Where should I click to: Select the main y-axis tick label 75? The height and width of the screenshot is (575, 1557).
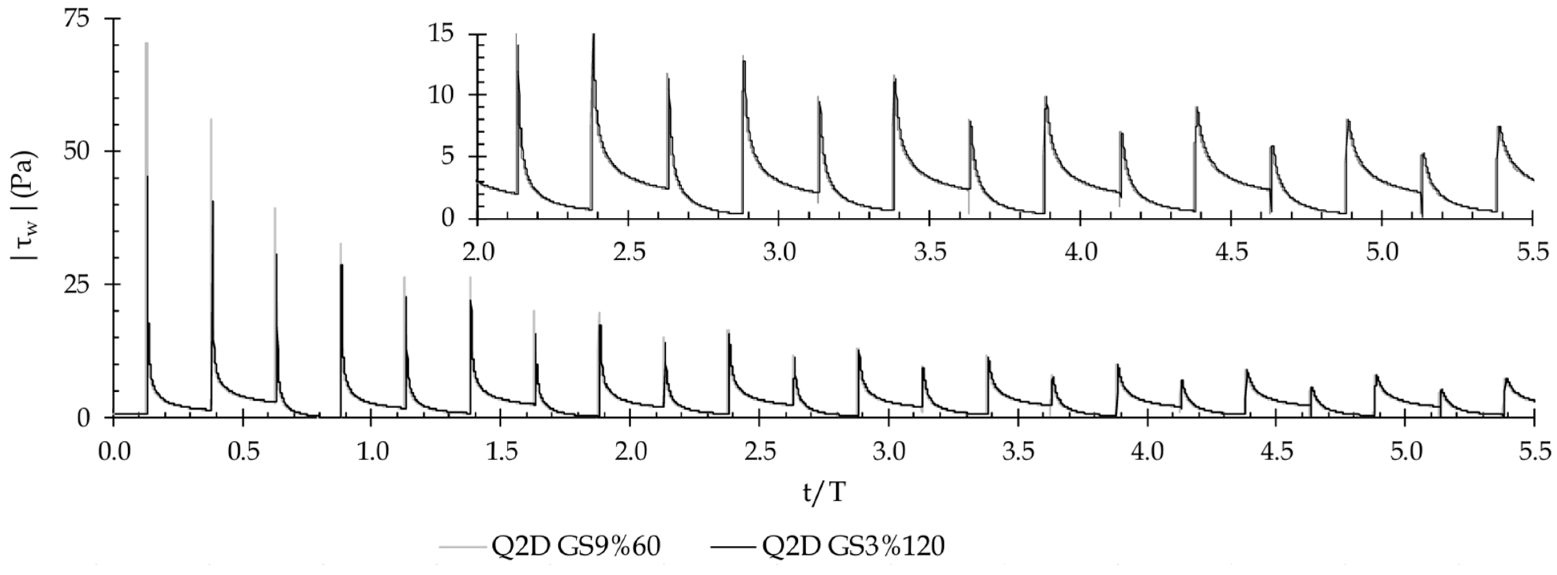pyautogui.click(x=76, y=19)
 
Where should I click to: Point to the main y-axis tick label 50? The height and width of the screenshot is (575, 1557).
pyautogui.click(x=76, y=151)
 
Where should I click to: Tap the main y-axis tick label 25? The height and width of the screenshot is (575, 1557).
pyautogui.click(x=76, y=284)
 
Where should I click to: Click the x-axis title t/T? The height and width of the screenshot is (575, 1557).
pyautogui.click(x=825, y=493)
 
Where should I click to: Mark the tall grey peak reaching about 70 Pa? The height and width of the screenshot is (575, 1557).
pyautogui.click(x=147, y=45)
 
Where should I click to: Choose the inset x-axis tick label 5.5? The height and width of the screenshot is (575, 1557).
pyautogui.click(x=1533, y=251)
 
